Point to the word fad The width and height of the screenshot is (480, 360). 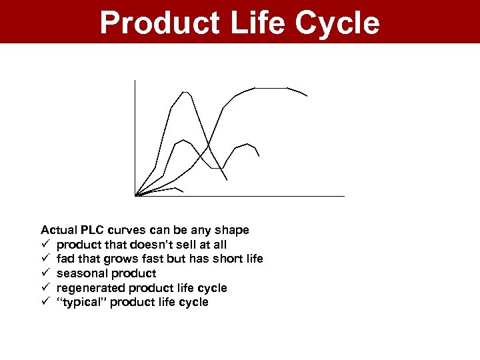click(65, 259)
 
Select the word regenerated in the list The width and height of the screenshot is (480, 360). click(91, 288)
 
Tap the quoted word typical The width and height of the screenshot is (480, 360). click(83, 303)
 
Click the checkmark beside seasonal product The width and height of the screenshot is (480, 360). click(45, 273)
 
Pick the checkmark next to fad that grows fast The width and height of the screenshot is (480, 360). click(45, 259)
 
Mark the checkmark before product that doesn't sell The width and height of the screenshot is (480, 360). click(45, 245)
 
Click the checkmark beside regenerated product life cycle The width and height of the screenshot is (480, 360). click(45, 288)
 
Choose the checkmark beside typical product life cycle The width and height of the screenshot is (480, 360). click(45, 303)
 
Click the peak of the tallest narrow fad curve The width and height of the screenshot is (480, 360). click(185, 92)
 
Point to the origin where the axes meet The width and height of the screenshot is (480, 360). click(135, 195)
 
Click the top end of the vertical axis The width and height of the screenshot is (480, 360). click(135, 81)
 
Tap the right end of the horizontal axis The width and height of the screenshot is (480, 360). click(343, 196)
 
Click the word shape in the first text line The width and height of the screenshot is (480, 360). click(233, 230)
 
